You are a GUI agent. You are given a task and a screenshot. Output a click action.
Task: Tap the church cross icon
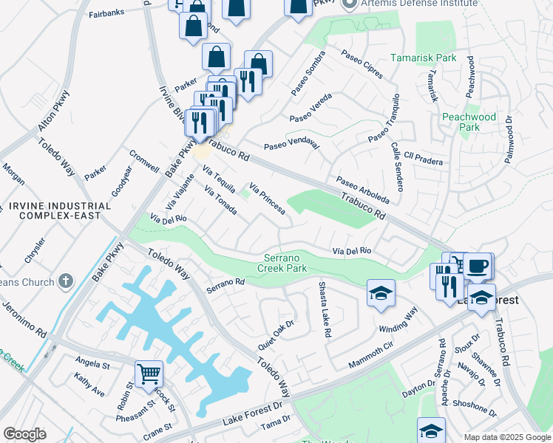click(x=66, y=281)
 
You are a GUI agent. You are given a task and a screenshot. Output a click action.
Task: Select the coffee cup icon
click(x=478, y=266)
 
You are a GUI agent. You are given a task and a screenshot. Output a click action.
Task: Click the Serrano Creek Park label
click(x=296, y=263)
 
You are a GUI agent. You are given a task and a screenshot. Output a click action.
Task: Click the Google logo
click(x=24, y=433)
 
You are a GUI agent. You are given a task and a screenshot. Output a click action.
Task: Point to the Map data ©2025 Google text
click(x=506, y=437)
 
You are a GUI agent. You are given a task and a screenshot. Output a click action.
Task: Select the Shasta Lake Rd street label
click(x=323, y=309)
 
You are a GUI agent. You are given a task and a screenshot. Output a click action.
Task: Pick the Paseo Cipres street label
click(x=362, y=66)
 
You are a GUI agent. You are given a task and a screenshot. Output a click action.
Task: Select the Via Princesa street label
click(x=268, y=199)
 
